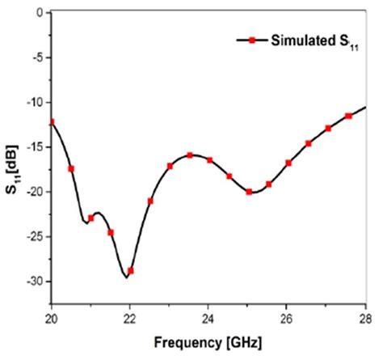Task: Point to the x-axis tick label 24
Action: [208, 318]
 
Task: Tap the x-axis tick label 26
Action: [287, 318]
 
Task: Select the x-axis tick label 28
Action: [365, 318]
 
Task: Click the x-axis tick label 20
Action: [52, 318]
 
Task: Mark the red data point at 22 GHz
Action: [131, 270]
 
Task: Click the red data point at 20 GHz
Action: [52, 122]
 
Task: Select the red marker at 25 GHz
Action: [249, 192]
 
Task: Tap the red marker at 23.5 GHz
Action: [190, 155]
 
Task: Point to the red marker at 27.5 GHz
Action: [348, 116]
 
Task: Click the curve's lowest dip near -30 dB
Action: [126, 277]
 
